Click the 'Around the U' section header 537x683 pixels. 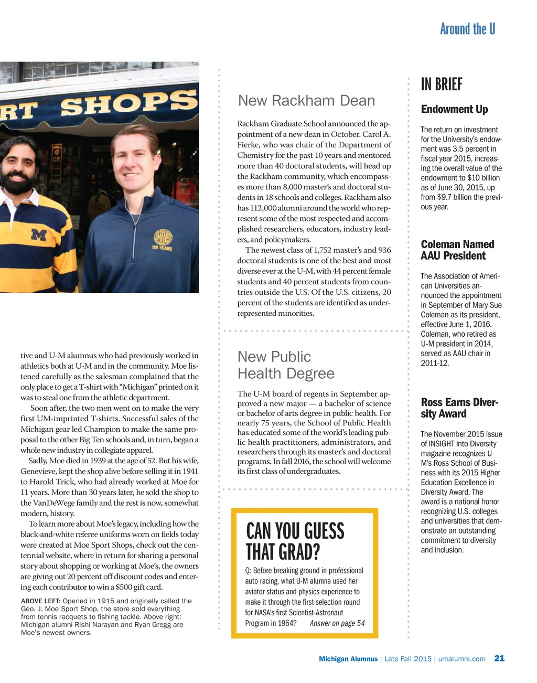[x=467, y=29]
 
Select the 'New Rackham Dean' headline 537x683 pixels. [x=306, y=101]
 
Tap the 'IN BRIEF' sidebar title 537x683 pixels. [x=442, y=84]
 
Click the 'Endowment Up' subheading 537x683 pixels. [x=454, y=109]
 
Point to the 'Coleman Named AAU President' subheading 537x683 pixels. [x=457, y=250]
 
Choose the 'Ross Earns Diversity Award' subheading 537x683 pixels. [x=459, y=408]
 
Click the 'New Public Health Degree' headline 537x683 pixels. [x=285, y=365]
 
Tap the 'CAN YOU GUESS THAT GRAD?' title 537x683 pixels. [x=295, y=541]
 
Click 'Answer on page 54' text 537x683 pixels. [x=337, y=623]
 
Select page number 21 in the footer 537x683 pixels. [x=499, y=658]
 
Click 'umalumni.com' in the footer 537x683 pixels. [x=461, y=659]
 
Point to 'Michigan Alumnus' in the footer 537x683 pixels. [x=348, y=659]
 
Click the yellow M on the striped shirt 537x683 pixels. [x=39, y=234]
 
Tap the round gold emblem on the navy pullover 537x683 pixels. [x=163, y=239]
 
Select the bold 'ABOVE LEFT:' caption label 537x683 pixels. [x=41, y=601]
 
